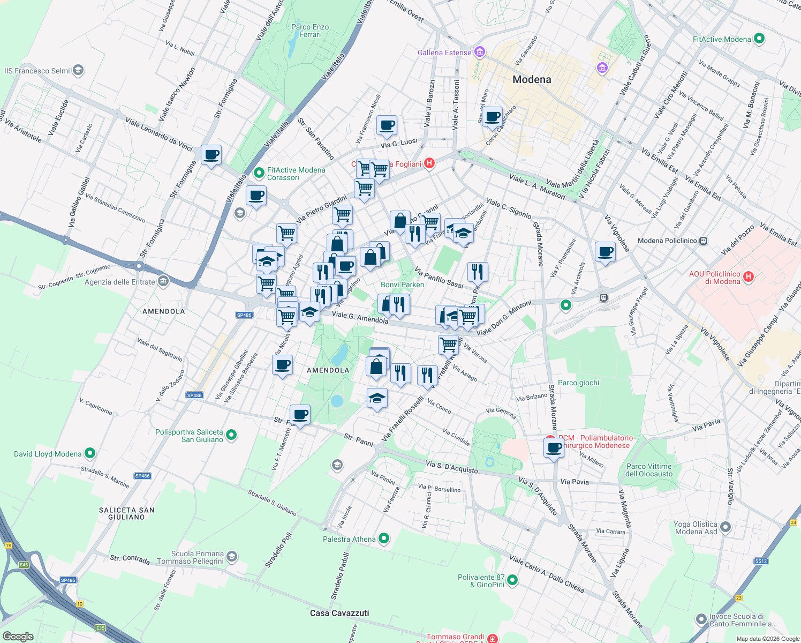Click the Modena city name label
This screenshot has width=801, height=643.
pos(531,80)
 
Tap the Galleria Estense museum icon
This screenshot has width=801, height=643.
pos(479,53)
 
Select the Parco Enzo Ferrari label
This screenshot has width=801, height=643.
pos(310,31)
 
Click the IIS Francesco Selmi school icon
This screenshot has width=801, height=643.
pos(78,70)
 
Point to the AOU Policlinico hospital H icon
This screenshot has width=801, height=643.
pos(749,277)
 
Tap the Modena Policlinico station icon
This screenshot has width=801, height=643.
pos(703,241)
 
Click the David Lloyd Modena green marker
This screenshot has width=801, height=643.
pos(90,453)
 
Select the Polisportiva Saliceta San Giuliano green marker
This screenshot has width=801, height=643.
pos(231,435)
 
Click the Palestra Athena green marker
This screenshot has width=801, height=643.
pos(384,539)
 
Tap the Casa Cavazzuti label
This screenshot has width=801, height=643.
pos(339,613)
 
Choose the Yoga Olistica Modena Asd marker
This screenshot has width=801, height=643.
pos(726,527)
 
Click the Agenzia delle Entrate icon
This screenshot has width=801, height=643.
pos(163,281)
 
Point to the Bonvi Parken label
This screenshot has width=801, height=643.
pos(402,285)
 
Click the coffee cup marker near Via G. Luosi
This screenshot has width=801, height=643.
pos(387,126)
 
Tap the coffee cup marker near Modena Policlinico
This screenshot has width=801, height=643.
pos(606,251)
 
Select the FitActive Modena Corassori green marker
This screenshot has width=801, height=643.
pos(259,173)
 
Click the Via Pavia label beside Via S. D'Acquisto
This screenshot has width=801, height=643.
pos(574,482)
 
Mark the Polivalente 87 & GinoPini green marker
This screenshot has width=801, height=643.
pos(512,580)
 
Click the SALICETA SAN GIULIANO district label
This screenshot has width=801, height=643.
pos(126,513)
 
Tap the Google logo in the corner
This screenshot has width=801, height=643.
pos(18,636)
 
